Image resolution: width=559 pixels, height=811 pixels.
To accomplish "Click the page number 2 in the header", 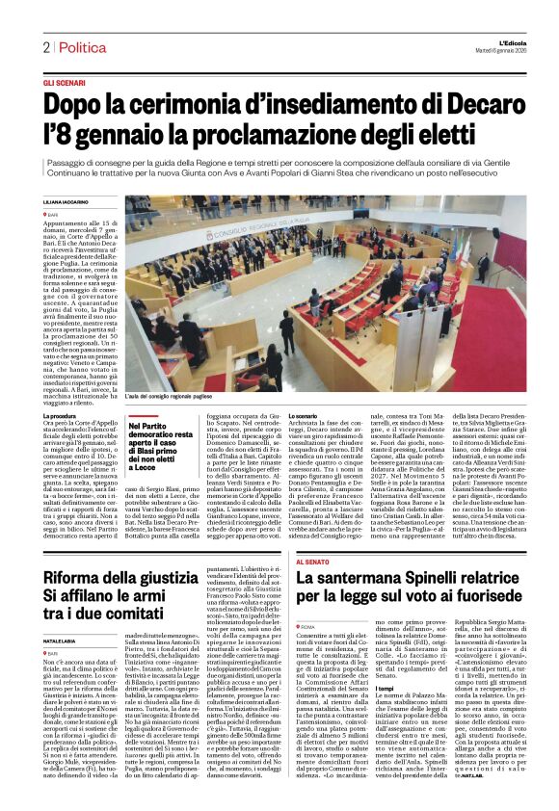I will coord(45,47).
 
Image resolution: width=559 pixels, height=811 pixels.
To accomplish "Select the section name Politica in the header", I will coord(80,47).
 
